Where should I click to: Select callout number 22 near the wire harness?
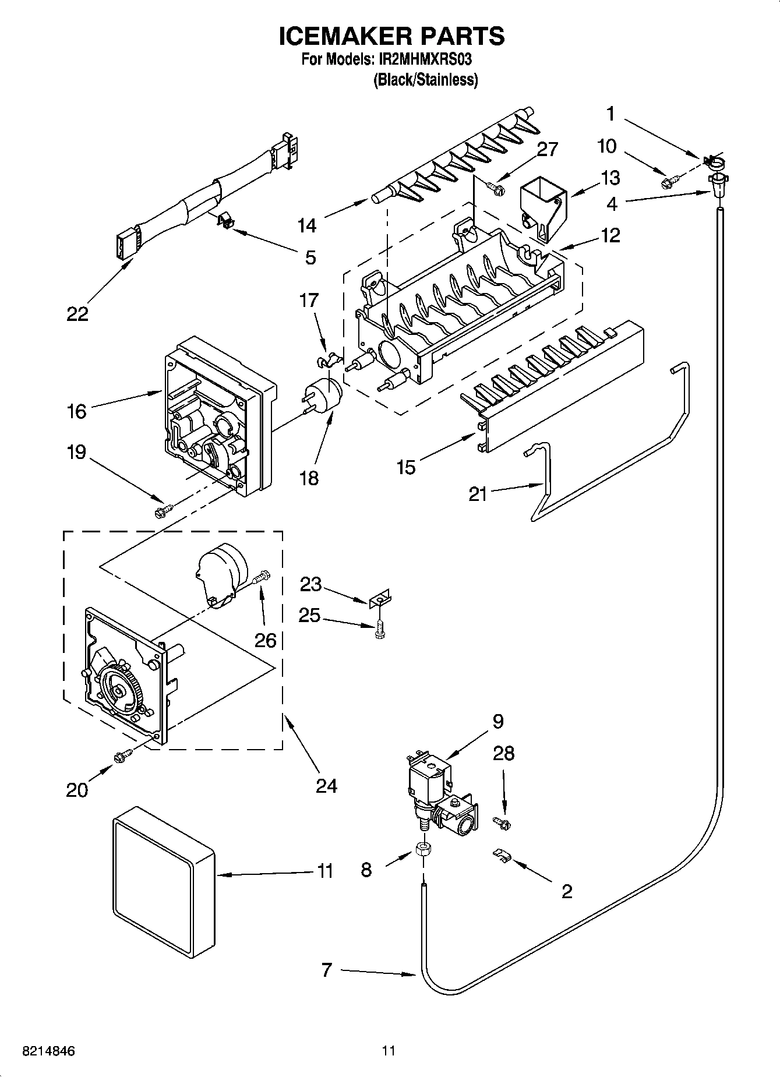77,314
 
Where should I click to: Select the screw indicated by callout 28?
502,822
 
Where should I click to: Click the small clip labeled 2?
502,854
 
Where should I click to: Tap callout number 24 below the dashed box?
326,786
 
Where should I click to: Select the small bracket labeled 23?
380,599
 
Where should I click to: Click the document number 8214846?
48,1051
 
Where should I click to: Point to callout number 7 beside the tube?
326,970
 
